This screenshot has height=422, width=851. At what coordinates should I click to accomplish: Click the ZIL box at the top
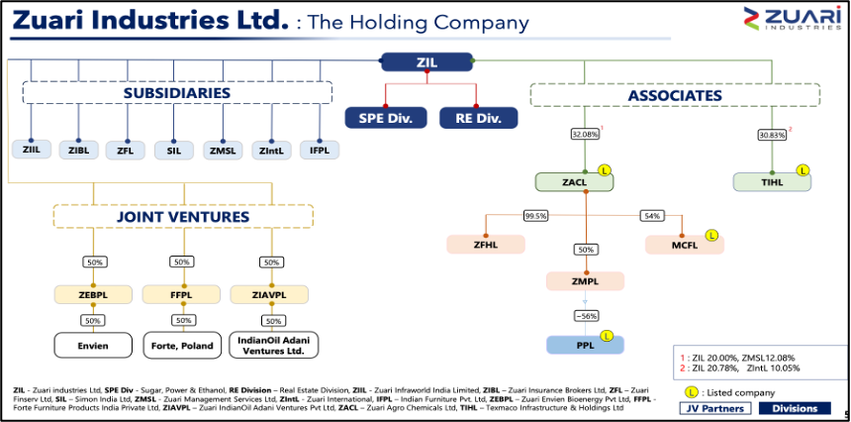(426, 62)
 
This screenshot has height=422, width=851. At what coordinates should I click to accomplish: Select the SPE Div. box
(386, 118)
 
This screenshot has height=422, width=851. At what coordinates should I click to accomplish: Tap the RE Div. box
(479, 118)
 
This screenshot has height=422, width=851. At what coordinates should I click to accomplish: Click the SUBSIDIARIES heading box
(177, 93)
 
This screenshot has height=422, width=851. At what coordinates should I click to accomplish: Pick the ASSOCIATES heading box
(675, 95)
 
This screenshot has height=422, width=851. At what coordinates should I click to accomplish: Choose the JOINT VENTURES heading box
(183, 216)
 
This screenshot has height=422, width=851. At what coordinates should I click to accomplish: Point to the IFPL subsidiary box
(320, 150)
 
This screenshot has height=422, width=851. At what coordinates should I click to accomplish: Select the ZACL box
(574, 182)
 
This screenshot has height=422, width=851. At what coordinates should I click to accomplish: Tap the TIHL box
(771, 182)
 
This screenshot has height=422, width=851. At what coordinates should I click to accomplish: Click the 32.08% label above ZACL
(586, 134)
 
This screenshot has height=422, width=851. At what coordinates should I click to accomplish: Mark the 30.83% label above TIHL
(772, 134)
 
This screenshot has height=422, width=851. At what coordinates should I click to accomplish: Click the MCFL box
(685, 244)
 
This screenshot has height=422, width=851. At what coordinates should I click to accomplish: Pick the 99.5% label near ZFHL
(536, 215)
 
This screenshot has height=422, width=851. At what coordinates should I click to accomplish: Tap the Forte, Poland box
(181, 346)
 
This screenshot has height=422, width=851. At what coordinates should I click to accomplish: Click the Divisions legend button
(795, 408)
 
